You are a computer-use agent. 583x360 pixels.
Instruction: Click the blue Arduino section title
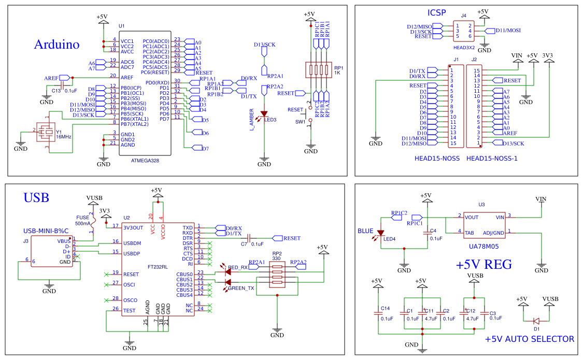coord(56,45)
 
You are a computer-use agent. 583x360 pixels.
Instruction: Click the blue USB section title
coord(36,197)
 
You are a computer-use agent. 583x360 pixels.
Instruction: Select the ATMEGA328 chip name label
coord(145,161)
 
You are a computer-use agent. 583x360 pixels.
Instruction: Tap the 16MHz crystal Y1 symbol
coord(47,132)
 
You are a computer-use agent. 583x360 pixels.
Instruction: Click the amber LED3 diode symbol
coord(264,113)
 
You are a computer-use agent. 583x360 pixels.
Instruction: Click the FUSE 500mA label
coord(83,220)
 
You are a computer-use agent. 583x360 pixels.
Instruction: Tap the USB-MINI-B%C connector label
coord(46,231)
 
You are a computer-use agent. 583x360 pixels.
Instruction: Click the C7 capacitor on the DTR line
coord(249,238)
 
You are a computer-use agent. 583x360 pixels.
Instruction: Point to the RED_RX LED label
coord(238,267)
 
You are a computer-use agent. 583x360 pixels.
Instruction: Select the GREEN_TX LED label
coord(241,288)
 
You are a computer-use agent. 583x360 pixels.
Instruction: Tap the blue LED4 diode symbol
coord(381,234)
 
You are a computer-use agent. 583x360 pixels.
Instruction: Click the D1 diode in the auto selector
coord(536,321)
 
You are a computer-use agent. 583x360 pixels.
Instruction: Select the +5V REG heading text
coord(484,265)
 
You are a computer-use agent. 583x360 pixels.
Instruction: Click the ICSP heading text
coord(436,12)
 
